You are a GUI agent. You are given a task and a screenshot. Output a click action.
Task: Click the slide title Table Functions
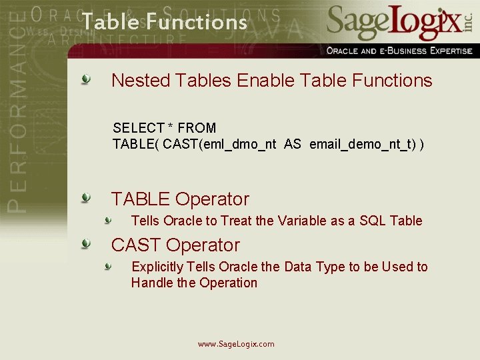[164, 22]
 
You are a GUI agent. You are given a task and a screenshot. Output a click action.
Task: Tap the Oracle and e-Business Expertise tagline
[399, 51]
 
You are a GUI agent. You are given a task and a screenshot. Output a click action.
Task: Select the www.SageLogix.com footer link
[236, 344]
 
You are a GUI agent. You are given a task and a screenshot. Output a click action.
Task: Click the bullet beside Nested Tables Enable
[86, 81]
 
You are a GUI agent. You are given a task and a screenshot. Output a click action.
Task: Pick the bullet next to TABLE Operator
[86, 199]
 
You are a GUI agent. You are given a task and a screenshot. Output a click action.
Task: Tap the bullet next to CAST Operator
[86, 245]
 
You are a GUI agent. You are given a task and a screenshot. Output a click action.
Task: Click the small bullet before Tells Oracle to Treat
[107, 221]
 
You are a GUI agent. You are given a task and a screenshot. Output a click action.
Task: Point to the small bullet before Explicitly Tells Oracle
[107, 267]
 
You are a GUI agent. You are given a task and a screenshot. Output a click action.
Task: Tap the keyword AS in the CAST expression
[292, 144]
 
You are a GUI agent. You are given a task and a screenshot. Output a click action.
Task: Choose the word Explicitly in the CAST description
[157, 267]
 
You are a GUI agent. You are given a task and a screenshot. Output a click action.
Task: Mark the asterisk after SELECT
[171, 127]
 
